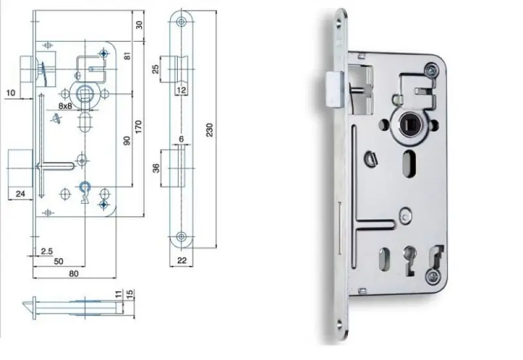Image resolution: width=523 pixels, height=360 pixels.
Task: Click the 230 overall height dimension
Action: (x=209, y=129)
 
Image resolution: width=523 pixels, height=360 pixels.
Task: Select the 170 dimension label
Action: (x=138, y=127)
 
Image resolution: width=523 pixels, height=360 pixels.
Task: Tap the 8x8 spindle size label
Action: (x=65, y=106)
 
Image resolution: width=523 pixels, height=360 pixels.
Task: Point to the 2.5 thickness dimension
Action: (x=46, y=251)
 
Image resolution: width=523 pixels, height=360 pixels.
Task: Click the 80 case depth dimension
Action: (x=74, y=274)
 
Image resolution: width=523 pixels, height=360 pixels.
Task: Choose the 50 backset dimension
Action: (x=58, y=261)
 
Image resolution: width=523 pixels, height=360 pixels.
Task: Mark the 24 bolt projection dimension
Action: (x=20, y=193)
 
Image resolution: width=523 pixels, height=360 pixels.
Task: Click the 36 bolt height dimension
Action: (x=156, y=168)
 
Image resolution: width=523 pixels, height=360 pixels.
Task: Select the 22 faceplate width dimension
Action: (x=182, y=260)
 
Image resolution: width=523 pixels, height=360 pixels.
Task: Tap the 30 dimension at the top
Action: (x=139, y=25)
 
